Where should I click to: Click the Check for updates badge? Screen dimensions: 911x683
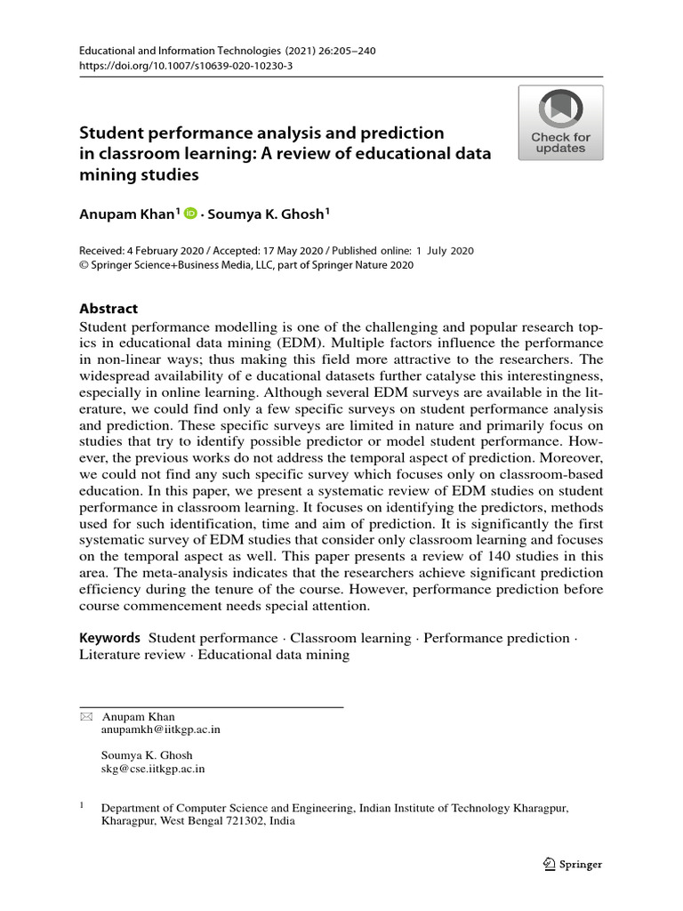[561, 123]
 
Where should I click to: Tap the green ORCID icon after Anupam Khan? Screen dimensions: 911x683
[189, 214]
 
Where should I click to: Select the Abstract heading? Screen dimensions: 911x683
[108, 309]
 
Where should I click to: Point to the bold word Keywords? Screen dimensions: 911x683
[110, 638]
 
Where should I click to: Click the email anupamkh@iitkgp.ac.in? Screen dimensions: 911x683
[161, 730]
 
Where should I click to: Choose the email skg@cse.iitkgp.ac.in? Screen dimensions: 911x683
[153, 769]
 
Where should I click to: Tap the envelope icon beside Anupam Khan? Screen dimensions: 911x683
[85, 717]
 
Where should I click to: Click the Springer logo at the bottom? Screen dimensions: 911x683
[573, 864]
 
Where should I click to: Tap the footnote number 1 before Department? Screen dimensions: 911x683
[83, 806]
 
